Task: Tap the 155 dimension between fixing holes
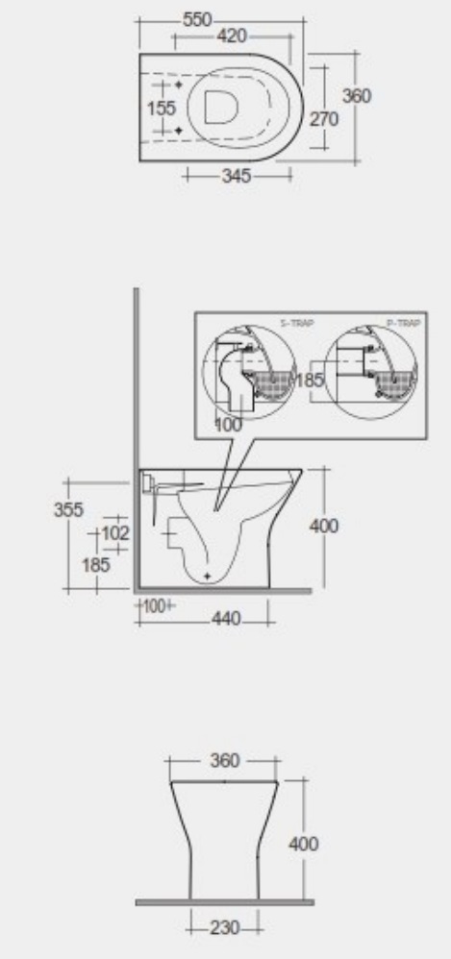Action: tap(161, 109)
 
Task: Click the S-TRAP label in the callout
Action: tap(289, 325)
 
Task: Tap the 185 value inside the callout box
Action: tap(310, 380)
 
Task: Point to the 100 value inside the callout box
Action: tap(230, 424)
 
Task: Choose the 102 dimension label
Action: tap(114, 532)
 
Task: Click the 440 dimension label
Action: tap(226, 616)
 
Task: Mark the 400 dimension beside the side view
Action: tap(323, 526)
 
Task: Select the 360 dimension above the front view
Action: tap(224, 761)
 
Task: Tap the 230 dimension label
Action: tap(224, 928)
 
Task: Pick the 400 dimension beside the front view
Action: tap(304, 844)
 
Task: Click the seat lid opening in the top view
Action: tap(220, 109)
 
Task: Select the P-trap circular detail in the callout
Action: tap(371, 378)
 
